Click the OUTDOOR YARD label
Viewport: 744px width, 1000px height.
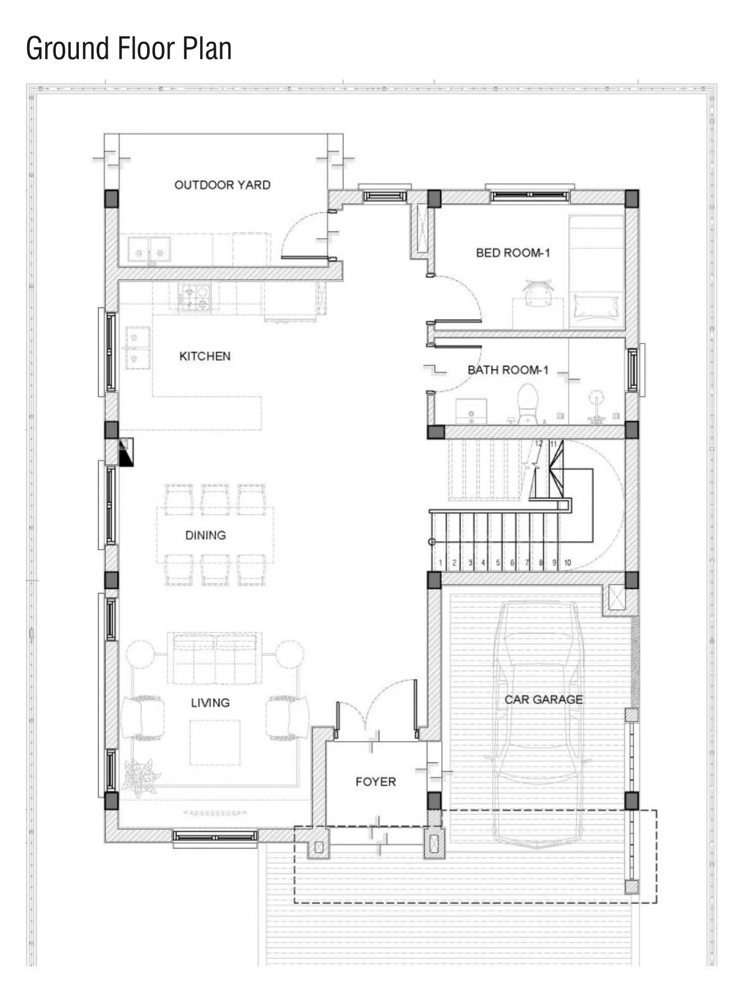click(x=222, y=185)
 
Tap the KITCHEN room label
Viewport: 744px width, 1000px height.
click(x=205, y=356)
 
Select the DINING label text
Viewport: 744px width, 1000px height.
click(x=205, y=535)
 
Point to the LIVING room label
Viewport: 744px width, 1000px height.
click(x=210, y=702)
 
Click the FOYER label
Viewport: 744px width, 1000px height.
click(x=375, y=782)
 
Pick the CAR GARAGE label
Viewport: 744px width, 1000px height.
click(x=543, y=699)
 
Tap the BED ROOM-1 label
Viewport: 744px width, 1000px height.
click(x=512, y=253)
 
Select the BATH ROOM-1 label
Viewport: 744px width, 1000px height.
click(x=508, y=370)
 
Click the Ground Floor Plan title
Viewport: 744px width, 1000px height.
click(x=129, y=48)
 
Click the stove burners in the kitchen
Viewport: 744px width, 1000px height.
click(x=194, y=297)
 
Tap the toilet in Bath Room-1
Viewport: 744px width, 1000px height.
click(x=528, y=403)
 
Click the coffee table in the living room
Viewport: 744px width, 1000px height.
click(x=215, y=743)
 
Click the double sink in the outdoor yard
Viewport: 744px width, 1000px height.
click(x=149, y=249)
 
